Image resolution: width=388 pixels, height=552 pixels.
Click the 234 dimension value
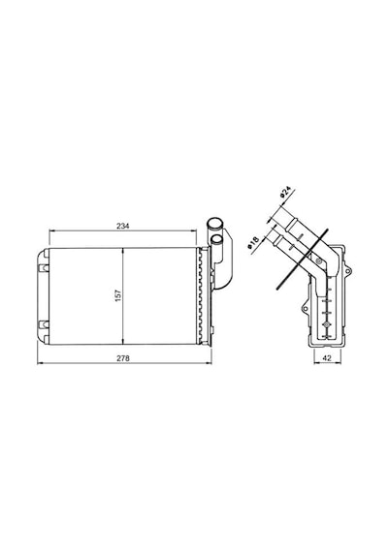point(123,226)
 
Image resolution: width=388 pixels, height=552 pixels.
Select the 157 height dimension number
point(118,295)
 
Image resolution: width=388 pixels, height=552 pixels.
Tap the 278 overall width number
point(123,358)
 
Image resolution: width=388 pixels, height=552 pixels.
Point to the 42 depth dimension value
point(327,357)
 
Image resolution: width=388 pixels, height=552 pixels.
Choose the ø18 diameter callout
point(253,242)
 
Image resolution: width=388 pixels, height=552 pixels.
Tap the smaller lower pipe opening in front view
point(216,240)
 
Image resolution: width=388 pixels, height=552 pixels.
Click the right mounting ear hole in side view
point(348,271)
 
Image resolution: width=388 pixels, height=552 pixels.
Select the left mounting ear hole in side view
point(306,309)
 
